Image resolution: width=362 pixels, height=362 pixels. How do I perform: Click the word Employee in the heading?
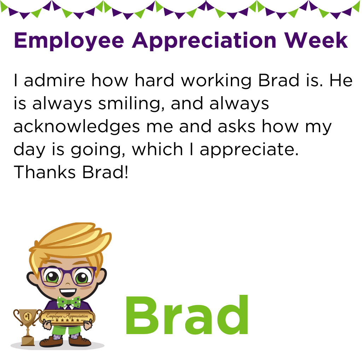click(69, 41)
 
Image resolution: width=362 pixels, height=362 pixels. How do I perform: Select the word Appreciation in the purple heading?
click(204, 41)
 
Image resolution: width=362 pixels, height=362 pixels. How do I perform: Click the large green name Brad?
click(187, 315)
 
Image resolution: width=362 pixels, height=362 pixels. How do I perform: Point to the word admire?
click(54, 80)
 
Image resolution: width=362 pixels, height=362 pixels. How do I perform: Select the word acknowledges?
click(77, 127)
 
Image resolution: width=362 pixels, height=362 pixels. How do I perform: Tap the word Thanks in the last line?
click(45, 172)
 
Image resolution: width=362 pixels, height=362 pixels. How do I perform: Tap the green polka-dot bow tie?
click(69, 302)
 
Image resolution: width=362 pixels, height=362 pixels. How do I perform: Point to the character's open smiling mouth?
click(68, 293)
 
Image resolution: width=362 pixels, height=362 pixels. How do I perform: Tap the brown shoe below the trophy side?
click(51, 341)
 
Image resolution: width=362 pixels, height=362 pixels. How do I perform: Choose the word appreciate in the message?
click(249, 150)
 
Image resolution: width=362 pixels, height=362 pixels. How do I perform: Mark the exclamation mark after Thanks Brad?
click(126, 172)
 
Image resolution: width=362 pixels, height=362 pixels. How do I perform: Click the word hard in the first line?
click(154, 80)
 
